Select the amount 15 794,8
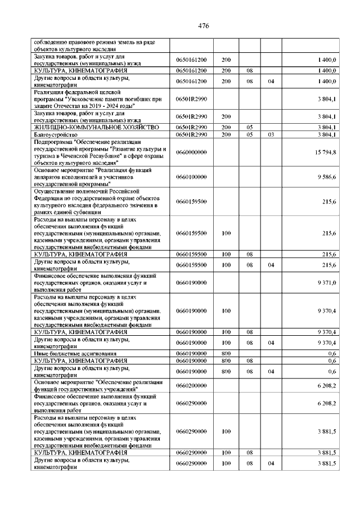[x=326, y=152]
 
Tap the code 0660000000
[x=191, y=152]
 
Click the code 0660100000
[x=191, y=177]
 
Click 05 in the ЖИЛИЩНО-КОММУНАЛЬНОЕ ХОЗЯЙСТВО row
[x=249, y=128]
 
